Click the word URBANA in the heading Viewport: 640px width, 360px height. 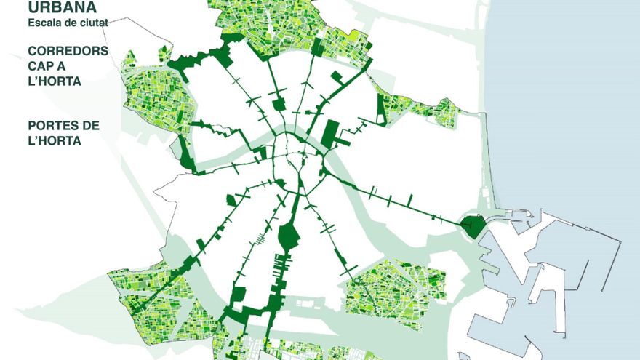(63, 7)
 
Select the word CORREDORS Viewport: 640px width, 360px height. (68, 52)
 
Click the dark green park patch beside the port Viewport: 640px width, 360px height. (473, 225)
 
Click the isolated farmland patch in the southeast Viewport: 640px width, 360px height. (395, 291)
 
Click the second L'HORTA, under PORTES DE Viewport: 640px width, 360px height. (54, 140)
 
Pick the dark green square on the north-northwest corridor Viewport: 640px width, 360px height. (279, 104)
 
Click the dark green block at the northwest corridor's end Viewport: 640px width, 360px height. (222, 57)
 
